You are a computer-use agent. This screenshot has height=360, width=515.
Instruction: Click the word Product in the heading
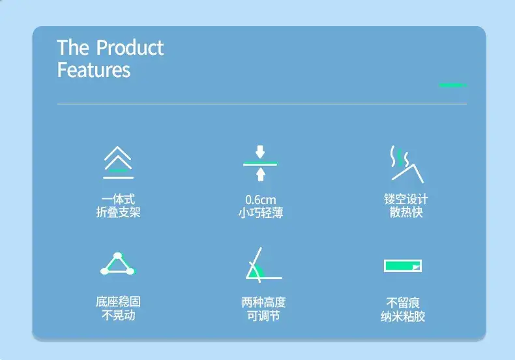[130, 48]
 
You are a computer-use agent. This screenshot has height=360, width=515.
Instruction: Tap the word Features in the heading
[94, 70]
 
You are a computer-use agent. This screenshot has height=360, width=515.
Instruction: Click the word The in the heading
[73, 48]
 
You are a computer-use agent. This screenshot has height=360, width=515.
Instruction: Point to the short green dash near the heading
[453, 85]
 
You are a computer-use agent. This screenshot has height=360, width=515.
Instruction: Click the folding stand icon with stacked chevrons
[118, 162]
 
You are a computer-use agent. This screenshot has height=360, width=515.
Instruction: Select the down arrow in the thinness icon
[260, 152]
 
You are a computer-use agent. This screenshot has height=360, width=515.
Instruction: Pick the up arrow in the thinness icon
[261, 174]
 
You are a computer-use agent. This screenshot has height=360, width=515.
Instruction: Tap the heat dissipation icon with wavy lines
[407, 164]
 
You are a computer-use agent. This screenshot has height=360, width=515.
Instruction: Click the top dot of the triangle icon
[117, 256]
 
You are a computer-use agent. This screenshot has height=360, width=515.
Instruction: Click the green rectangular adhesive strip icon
[403, 265]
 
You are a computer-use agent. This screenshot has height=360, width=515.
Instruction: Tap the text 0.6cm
[261, 200]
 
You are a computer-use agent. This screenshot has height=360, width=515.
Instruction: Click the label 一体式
[118, 199]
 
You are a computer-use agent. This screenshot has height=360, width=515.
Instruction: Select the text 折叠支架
[118, 212]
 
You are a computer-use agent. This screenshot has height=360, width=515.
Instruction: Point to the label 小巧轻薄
[261, 213]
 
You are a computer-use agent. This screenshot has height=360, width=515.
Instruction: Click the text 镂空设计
[406, 199]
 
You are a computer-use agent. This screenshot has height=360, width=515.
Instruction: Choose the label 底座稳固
[118, 301]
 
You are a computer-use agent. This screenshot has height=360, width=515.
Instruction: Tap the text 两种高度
[263, 302]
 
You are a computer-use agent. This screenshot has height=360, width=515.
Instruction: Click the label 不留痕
[403, 303]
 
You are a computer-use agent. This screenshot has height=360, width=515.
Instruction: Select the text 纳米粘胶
[403, 316]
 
